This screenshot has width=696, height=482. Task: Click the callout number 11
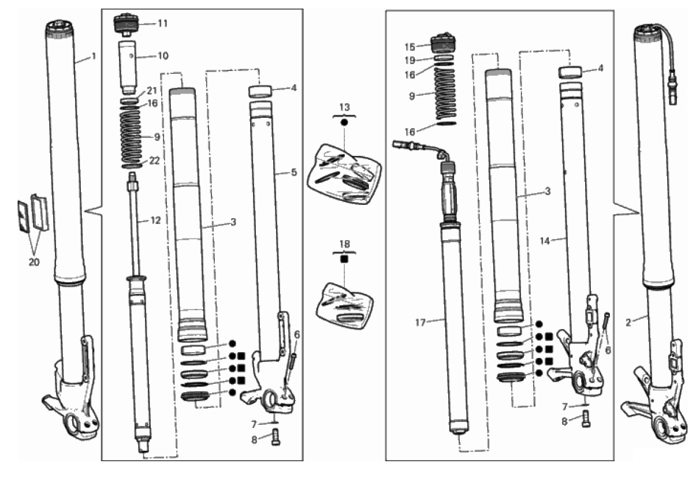point(162,24)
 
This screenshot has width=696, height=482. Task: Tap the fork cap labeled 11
point(126,24)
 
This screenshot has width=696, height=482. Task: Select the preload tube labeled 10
point(127,67)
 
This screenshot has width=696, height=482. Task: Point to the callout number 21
point(152,91)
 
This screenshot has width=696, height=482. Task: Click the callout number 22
point(154,161)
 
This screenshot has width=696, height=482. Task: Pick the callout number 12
point(155,221)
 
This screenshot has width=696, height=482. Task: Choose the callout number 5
point(294,173)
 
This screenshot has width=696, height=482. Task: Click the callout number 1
point(94,57)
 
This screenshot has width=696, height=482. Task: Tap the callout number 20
point(34,263)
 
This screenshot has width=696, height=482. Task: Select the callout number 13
point(344,107)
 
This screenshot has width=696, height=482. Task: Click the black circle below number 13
point(344,122)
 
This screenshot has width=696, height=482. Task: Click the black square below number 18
point(344,259)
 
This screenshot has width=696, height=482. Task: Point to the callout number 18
point(345,244)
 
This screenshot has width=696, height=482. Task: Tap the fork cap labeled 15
point(444,43)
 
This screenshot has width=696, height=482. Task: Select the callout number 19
point(410,61)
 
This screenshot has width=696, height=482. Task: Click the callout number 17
point(420,323)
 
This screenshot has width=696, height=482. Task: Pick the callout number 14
point(545,241)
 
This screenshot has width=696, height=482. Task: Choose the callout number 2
point(628,323)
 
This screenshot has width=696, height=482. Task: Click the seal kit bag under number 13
point(344,174)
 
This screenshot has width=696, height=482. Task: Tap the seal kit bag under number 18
point(345,305)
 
